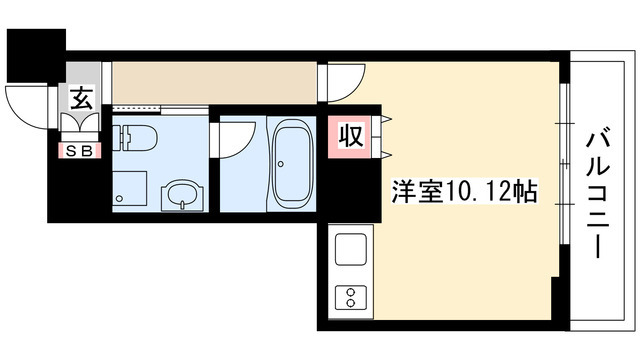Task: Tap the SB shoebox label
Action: pyautogui.click(x=76, y=150)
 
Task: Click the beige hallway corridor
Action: pyautogui.click(x=214, y=81)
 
